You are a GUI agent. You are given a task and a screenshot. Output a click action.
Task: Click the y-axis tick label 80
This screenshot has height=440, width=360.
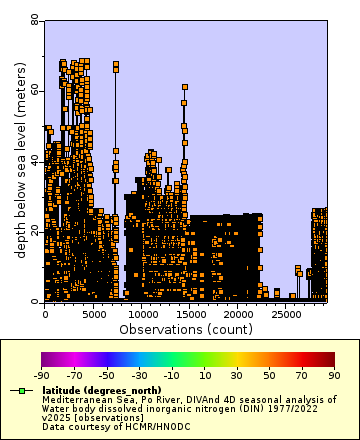[34, 20]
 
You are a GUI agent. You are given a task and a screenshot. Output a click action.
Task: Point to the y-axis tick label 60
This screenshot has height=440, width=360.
[34, 90]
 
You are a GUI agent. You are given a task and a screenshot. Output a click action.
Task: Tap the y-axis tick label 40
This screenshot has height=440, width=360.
[34, 160]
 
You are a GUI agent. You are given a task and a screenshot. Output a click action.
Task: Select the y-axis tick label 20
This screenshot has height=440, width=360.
[34, 230]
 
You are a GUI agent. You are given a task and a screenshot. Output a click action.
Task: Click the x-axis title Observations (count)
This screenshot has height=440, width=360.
[186, 328]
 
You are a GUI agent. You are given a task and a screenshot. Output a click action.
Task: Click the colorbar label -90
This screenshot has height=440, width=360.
[42, 375]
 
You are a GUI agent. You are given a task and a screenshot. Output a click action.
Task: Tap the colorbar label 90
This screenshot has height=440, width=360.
[334, 375]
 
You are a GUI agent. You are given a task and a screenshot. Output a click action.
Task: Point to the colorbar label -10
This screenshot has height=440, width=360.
[172, 375]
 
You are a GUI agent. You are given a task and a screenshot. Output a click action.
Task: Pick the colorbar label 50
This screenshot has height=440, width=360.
[270, 375]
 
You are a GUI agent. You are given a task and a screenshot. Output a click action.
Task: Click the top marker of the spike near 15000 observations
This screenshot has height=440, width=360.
[185, 87]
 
